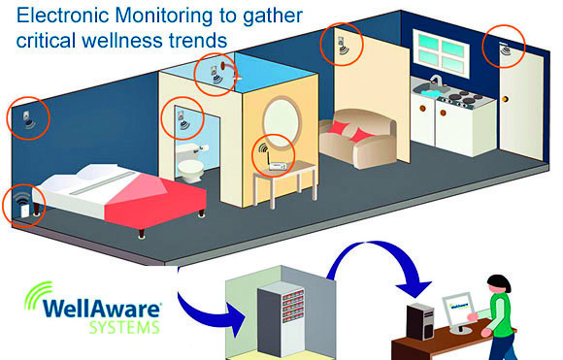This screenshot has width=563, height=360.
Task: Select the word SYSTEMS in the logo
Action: coord(124,328)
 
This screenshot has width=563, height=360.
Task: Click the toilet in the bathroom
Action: coord(190,162)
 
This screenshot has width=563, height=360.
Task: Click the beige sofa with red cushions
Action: coord(357,138)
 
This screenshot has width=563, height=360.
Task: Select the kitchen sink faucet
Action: coord(436,80)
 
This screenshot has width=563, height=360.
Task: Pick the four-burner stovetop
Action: coord(462,97)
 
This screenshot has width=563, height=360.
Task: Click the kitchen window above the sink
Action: coord(441,52)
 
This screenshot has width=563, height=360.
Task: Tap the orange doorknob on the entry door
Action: coord(506,99)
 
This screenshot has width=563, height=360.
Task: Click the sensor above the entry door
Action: coord(505,49)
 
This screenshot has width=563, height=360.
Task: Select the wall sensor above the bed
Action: coord(28,118)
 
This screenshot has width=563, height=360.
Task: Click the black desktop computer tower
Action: coord(421,321)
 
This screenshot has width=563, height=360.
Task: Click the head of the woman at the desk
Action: coord(499,284)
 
